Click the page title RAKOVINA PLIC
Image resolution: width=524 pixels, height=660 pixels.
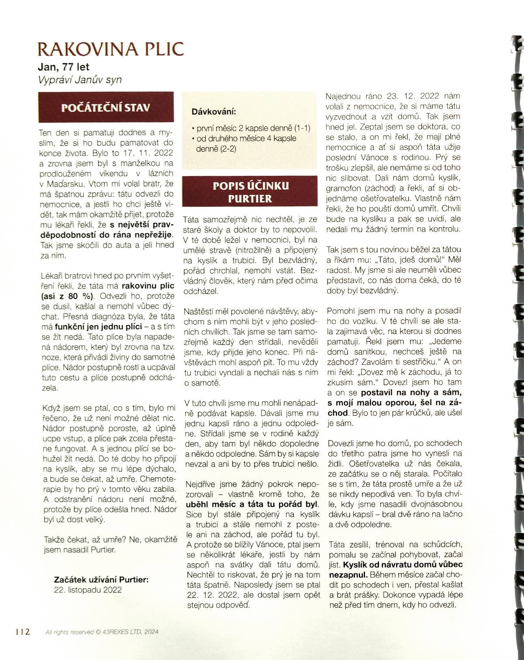coord(111,49)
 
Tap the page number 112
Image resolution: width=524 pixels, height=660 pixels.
coord(22,632)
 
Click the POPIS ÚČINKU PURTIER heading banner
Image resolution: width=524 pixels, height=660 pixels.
coord(248,192)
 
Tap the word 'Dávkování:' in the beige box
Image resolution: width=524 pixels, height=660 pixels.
coord(214,112)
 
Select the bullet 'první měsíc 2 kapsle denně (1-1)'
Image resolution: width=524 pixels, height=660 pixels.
coord(251,128)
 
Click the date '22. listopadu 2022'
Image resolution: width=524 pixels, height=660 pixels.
coord(87,589)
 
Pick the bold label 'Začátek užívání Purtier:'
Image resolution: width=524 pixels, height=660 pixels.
coord(101,580)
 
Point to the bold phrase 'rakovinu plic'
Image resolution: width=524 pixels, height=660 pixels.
coord(148,286)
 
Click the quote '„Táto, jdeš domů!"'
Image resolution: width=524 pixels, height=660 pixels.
coord(390,260)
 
